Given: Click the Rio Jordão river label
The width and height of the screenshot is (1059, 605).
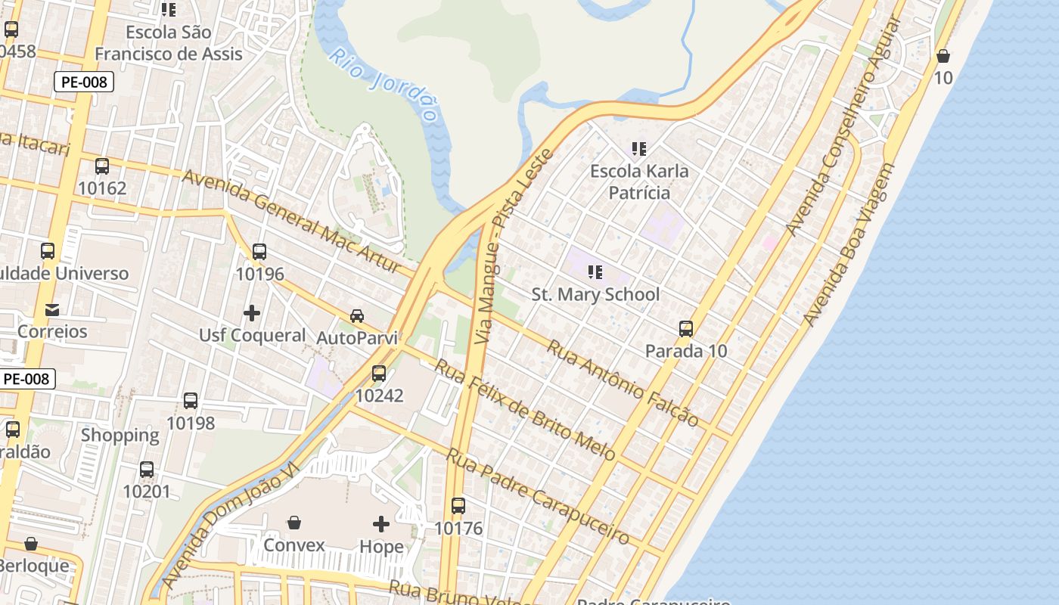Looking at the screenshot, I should pos(385,85).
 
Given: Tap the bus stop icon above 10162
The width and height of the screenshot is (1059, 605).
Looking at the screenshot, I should pos(102,166).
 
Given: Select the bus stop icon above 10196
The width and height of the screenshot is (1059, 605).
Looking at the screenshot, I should pos(259,252).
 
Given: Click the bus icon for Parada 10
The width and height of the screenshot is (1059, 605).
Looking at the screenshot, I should pos(686,329).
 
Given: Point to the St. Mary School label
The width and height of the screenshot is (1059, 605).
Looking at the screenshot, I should pos(595,294).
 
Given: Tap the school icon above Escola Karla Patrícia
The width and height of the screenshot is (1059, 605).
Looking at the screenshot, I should pos(639,149).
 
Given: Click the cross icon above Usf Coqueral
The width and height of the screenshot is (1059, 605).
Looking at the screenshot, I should pos(252,312).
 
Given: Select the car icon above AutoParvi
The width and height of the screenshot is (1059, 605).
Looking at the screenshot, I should pos(357,315).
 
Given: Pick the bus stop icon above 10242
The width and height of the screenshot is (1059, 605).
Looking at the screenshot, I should pos(379,373).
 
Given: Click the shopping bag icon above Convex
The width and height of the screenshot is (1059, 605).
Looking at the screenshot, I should pos(294,523).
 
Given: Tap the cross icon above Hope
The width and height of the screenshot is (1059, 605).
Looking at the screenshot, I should pos(381,523).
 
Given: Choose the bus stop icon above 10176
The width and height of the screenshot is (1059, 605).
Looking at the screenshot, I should pos(458,505).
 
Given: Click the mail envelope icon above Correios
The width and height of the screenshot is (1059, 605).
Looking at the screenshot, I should pos(52,309).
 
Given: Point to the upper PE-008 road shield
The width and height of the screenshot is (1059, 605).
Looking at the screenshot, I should pos(83,82).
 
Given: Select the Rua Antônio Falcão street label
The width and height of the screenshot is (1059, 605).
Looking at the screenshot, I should pos(622,383).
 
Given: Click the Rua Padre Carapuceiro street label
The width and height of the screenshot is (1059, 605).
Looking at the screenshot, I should pos(537,495).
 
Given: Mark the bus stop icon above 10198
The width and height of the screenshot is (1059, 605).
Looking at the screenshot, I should pos(191,401).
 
